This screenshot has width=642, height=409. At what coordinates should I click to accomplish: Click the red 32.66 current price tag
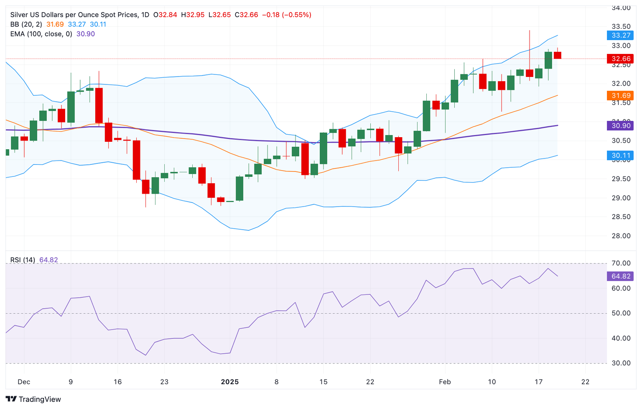click(x=620, y=59)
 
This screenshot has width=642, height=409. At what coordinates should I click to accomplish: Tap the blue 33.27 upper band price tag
click(x=620, y=35)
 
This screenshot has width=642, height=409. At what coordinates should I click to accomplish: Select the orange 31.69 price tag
click(x=620, y=96)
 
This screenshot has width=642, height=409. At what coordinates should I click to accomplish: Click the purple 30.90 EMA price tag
click(x=620, y=125)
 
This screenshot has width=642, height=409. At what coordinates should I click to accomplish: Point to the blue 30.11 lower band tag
click(x=620, y=156)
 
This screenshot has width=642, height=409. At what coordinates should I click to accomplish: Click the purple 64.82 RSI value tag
click(x=620, y=276)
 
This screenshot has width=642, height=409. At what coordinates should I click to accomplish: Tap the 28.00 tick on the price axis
click(x=621, y=236)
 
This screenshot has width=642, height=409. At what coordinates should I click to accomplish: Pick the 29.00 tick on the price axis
click(x=621, y=198)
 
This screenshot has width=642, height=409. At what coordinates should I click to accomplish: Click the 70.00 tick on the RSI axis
click(x=621, y=263)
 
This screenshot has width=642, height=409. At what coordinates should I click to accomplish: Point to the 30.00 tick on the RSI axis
click(x=621, y=363)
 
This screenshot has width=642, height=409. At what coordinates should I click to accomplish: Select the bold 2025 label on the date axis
click(x=230, y=382)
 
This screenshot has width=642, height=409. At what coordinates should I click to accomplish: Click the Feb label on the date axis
click(x=445, y=382)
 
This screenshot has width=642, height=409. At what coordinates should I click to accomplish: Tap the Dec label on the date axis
click(x=24, y=382)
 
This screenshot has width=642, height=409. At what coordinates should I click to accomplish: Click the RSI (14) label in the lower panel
click(x=23, y=260)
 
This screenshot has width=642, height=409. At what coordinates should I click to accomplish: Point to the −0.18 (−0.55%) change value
click(x=286, y=15)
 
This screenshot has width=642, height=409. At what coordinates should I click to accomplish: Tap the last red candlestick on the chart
click(x=558, y=55)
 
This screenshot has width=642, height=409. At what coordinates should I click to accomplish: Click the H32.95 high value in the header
click(x=193, y=15)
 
